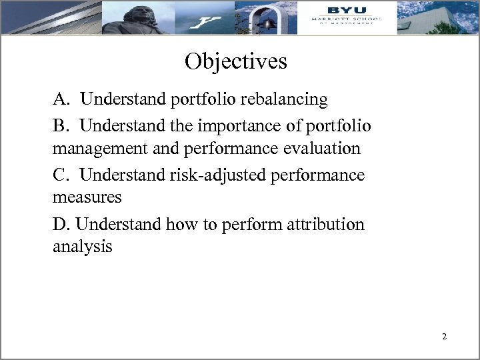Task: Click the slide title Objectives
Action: coord(236,61)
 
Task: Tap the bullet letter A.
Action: coord(61,99)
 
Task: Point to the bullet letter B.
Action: coord(60,125)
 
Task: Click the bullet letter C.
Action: coord(60,175)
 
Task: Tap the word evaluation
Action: coord(323,149)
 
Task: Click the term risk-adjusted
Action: coord(210,175)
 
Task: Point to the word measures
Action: coord(87,198)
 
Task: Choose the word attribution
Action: coord(327,224)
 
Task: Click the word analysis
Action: coord(83,247)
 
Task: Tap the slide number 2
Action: coord(444,337)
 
